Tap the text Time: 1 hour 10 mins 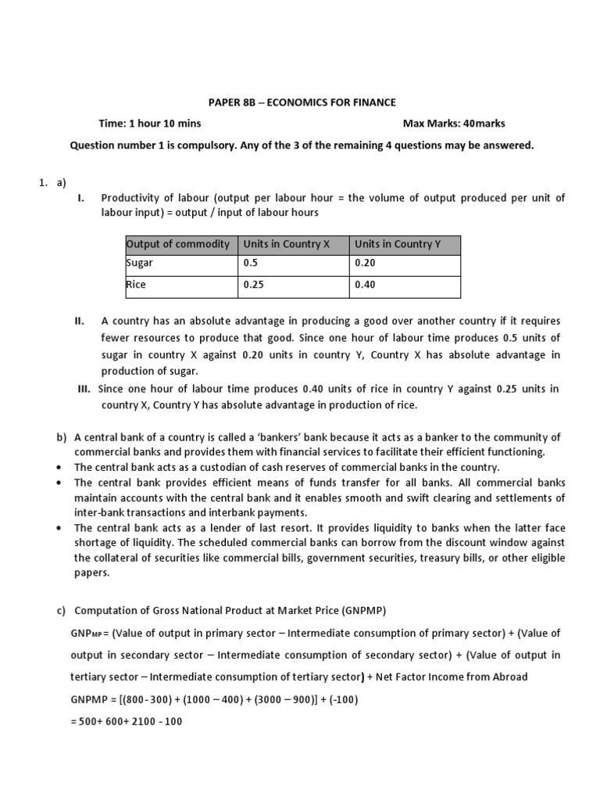click(x=149, y=124)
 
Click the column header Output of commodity click(x=178, y=244)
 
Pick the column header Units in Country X click(x=286, y=244)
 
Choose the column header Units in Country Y click(x=398, y=244)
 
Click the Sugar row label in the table click(x=141, y=264)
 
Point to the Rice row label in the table click(x=137, y=285)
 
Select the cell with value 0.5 click(x=250, y=264)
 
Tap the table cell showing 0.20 click(x=365, y=264)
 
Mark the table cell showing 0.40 click(x=365, y=285)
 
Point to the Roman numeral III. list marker click(x=84, y=389)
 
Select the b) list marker click(x=62, y=437)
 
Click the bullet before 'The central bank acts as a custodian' click(x=60, y=468)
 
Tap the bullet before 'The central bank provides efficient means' click(x=60, y=483)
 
